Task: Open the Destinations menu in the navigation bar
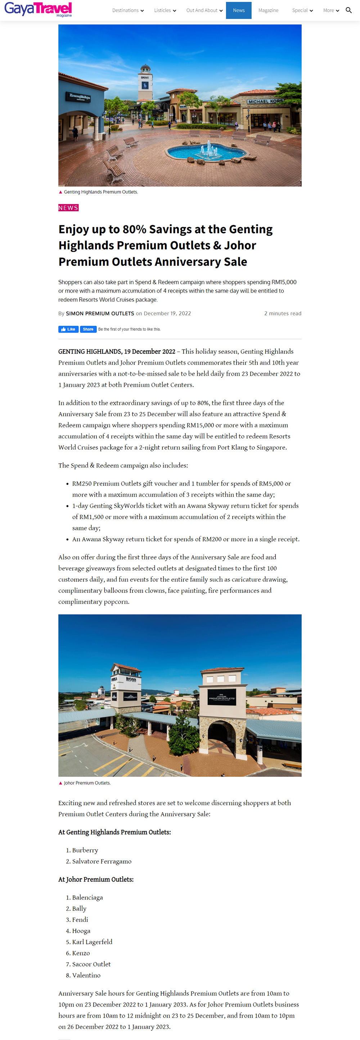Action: [127, 10]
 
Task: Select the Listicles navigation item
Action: [165, 10]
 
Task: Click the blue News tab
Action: [239, 10]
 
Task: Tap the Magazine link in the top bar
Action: [268, 10]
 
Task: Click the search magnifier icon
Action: [349, 10]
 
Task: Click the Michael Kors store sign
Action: [265, 101]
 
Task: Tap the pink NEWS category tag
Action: [68, 207]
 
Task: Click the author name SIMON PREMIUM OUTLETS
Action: [100, 313]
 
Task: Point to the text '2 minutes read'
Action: [283, 313]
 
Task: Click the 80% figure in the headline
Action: [134, 229]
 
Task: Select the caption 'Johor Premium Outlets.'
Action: [87, 783]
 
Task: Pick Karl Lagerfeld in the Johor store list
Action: [92, 941]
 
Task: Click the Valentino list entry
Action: [86, 975]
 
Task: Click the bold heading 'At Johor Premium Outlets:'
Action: [96, 879]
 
